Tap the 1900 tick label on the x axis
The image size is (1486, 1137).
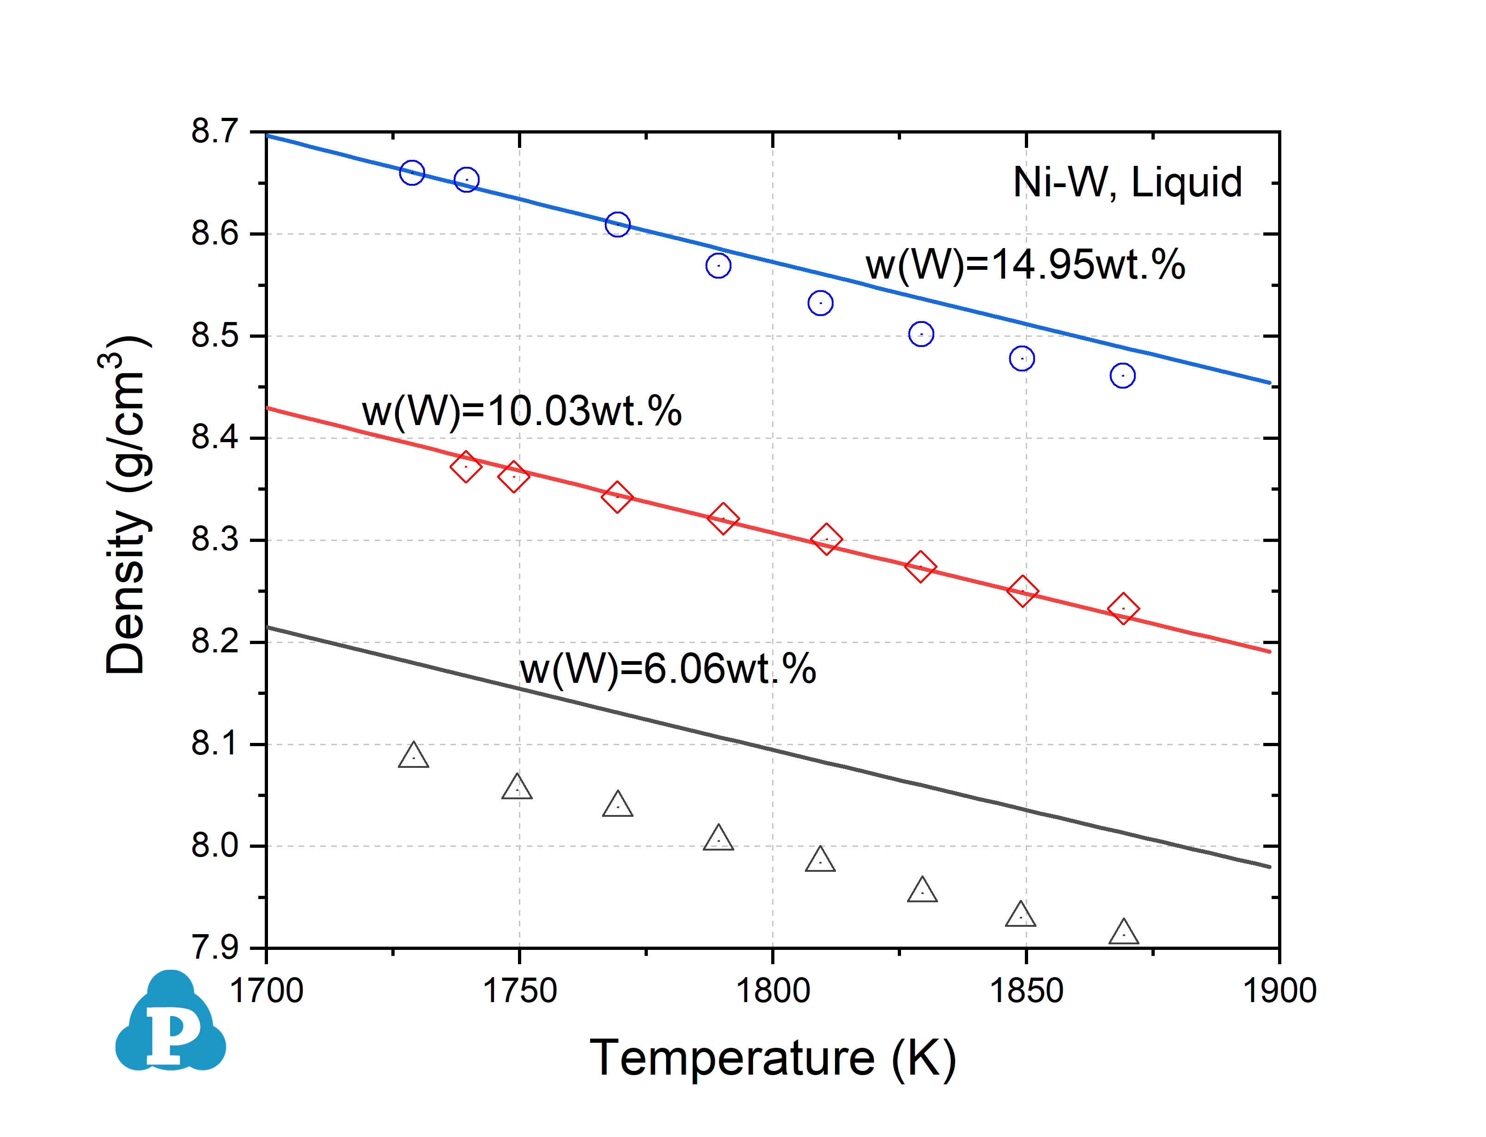(x=1279, y=991)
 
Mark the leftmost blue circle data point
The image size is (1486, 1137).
(x=411, y=173)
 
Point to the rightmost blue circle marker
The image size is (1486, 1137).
(x=1122, y=376)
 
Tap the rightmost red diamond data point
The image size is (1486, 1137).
(x=1123, y=609)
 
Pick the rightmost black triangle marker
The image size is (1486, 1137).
(x=1123, y=933)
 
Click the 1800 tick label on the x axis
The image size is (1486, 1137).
(x=772, y=991)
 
